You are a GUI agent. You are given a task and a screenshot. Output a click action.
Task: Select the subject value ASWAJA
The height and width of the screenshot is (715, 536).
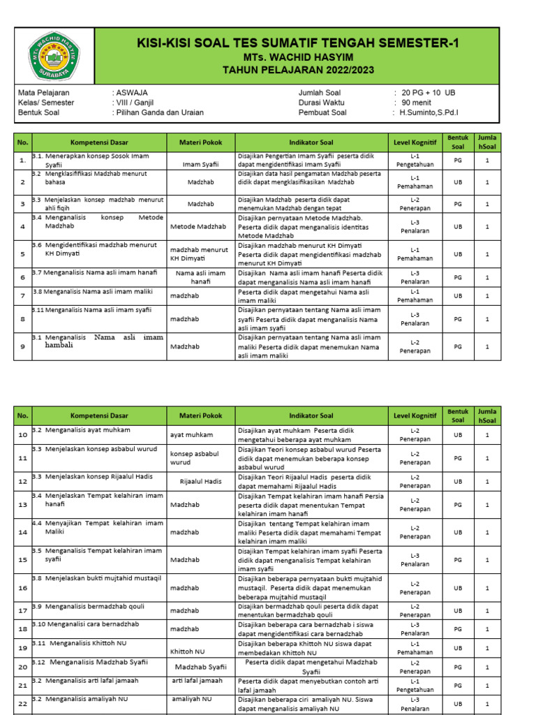pos(132,92)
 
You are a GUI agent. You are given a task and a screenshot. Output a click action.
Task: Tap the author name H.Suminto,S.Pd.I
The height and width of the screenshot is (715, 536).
pos(429,112)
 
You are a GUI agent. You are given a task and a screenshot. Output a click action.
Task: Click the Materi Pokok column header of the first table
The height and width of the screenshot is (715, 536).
pos(200,142)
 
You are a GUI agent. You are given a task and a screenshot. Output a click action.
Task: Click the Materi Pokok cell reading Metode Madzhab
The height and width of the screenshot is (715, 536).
pos(198,226)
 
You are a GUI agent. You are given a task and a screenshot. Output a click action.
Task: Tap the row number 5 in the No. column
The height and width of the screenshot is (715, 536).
pos(22,255)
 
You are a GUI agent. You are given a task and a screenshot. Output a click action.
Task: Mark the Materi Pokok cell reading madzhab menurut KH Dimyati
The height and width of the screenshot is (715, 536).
pos(199,254)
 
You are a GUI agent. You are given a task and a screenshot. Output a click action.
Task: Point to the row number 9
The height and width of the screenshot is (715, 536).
pos(22,346)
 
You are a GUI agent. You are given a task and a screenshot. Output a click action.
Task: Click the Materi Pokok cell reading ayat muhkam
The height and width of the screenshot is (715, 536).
pos(191,434)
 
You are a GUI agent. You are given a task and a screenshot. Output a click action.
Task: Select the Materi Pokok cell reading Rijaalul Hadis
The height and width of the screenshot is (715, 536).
pos(200,481)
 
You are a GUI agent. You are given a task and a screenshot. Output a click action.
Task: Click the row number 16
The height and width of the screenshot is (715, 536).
pos(22,588)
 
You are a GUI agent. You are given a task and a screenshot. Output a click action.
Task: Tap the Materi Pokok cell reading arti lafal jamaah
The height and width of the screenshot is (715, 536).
pos(198,681)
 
